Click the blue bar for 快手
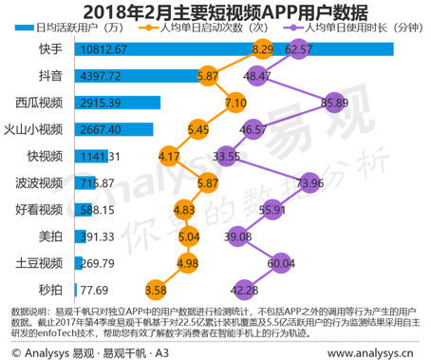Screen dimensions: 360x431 pyautogui.click(x=190, y=47)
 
